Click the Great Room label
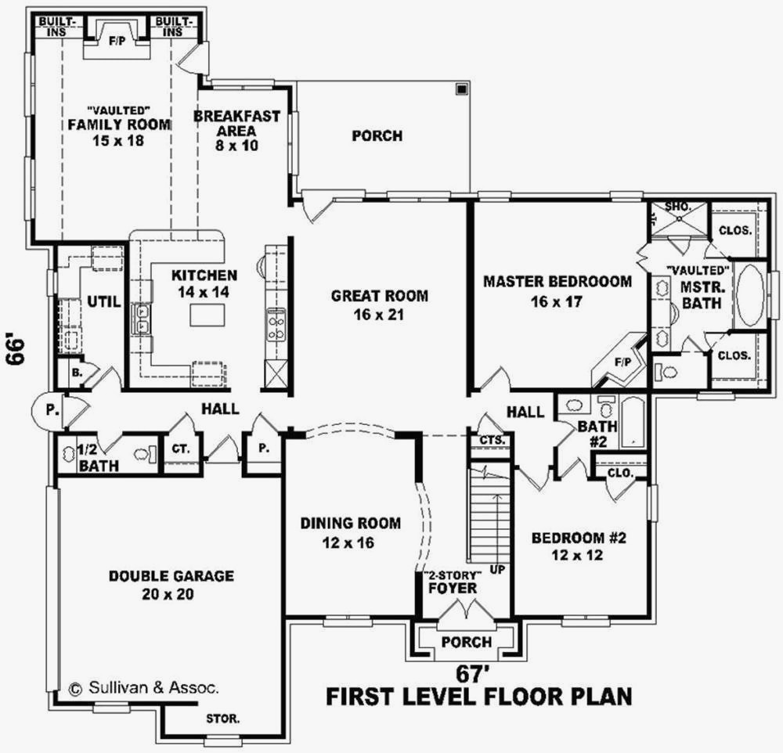point(379,305)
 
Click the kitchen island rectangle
point(207,315)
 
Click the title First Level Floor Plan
point(478,697)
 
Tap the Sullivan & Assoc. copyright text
point(145,689)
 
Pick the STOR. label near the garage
point(223,718)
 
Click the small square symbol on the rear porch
point(462,89)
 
